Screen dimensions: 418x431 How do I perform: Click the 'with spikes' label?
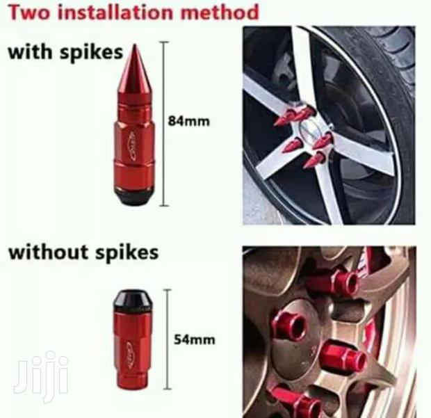[x=65, y=53]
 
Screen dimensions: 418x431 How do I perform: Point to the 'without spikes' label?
[x=83, y=251]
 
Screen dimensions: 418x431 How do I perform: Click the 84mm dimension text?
[x=189, y=122]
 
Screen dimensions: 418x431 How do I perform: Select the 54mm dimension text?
[x=195, y=339]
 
